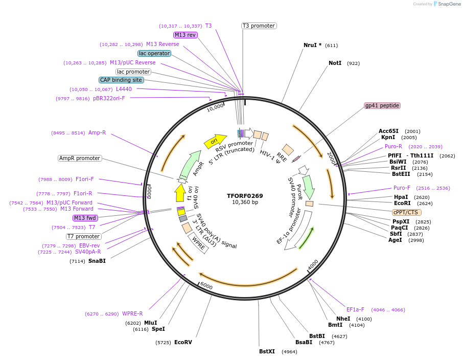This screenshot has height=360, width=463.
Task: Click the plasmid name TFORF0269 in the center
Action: [x=245, y=195]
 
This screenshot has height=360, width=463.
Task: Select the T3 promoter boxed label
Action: [x=259, y=26]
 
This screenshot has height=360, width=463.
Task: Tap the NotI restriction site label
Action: [x=335, y=63]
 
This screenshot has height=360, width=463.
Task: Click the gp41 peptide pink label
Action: [x=382, y=105]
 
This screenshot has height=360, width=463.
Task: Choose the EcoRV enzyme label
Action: [x=183, y=342]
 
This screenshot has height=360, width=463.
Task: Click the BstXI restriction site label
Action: [x=267, y=351]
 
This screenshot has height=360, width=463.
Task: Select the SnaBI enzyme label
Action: [x=97, y=261]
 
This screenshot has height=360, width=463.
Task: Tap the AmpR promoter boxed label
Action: [x=80, y=158]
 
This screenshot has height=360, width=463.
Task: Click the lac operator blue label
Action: [x=154, y=53]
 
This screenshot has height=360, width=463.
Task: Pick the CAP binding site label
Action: [x=121, y=80]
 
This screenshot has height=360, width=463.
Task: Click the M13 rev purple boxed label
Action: [x=185, y=35]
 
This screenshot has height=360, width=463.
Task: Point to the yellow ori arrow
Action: [x=215, y=141]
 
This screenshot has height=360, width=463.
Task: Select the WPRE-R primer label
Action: [x=132, y=313]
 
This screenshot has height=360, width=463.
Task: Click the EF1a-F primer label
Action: [x=355, y=309]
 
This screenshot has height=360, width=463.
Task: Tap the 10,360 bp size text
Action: [x=245, y=202]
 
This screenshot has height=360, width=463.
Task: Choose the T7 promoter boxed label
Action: [x=84, y=236]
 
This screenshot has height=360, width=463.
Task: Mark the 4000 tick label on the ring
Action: [x=313, y=265]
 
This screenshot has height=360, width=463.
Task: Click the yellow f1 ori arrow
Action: [x=179, y=193]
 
